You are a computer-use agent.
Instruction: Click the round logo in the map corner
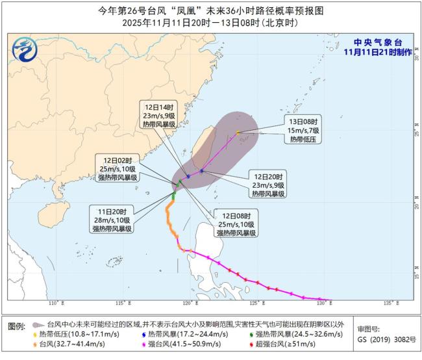(24, 48)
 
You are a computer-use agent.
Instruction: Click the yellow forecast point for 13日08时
(238, 133)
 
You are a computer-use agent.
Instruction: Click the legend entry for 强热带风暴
(286, 333)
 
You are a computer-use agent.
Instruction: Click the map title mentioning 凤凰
(210, 10)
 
